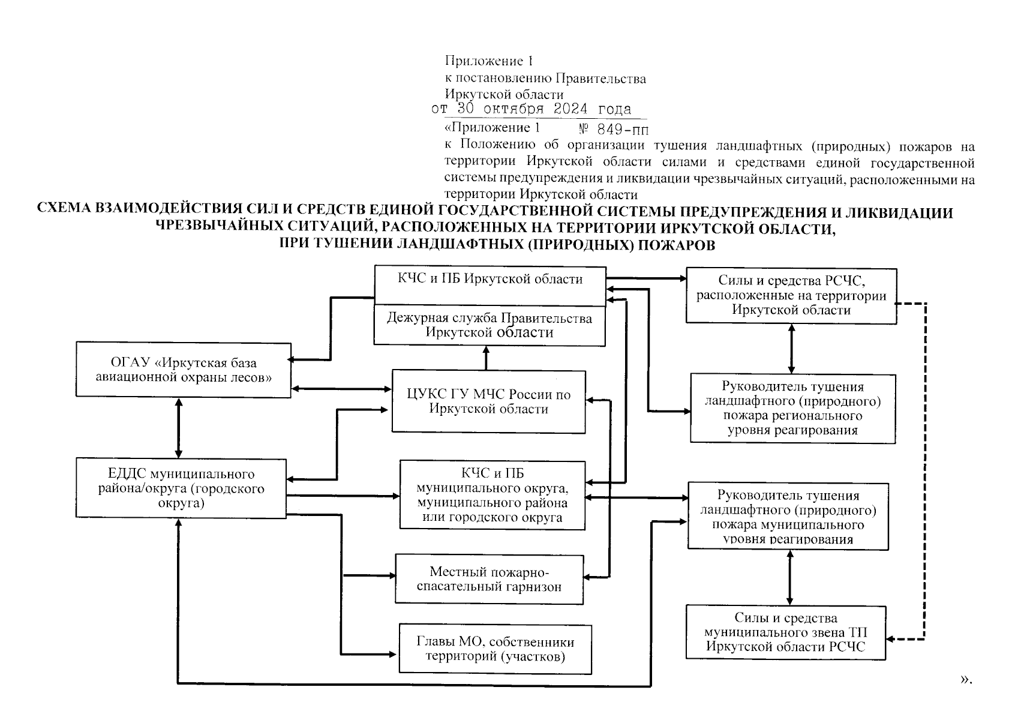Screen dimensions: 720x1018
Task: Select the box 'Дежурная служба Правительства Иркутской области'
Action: coord(489,325)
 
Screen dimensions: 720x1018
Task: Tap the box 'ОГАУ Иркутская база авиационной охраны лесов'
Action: coord(184,370)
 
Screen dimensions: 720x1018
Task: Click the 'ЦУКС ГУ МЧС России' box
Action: coord(488,401)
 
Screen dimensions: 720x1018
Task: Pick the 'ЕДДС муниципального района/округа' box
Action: coord(181,488)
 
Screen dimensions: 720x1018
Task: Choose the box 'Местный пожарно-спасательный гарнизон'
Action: coord(489,579)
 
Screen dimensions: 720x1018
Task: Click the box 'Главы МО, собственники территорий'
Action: coord(495,649)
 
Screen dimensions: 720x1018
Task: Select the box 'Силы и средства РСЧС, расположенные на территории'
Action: coord(791,296)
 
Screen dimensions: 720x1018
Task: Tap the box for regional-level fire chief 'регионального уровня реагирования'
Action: coord(792,408)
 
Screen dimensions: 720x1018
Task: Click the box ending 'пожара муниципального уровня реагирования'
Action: coord(788,517)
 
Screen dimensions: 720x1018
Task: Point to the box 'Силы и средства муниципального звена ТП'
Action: coord(785,632)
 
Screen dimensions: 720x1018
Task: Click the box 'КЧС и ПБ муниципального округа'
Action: coord(492,495)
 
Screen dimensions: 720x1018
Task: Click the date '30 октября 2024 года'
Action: coord(543,109)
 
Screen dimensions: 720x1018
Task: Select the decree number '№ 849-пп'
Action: coord(613,129)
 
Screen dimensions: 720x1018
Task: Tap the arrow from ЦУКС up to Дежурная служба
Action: coord(486,358)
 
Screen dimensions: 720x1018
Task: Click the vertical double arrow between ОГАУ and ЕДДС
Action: coord(178,428)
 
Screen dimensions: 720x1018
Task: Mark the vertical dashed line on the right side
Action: coord(925,468)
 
